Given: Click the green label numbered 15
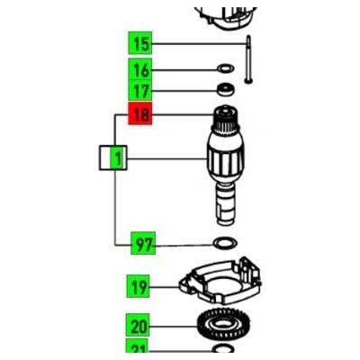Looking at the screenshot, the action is pyautogui.click(x=140, y=43).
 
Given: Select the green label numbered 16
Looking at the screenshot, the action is pyautogui.click(x=140, y=69).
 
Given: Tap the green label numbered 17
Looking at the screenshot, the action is pyautogui.click(x=140, y=90).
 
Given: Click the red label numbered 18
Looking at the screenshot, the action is pyautogui.click(x=140, y=113).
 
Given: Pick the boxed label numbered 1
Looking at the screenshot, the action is pyautogui.click(x=113, y=157).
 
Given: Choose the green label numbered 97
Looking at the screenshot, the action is pyautogui.click(x=143, y=243).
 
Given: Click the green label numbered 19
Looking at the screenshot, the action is pyautogui.click(x=138, y=286).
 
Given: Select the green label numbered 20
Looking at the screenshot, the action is pyautogui.click(x=138, y=325).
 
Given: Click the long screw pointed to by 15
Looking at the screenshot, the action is pyautogui.click(x=248, y=59).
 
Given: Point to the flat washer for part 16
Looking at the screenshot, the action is pyautogui.click(x=226, y=68).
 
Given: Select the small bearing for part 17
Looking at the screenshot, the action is pyautogui.click(x=226, y=89).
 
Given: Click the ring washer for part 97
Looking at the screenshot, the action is pyautogui.click(x=225, y=243).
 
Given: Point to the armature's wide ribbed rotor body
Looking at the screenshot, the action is pyautogui.click(x=226, y=160).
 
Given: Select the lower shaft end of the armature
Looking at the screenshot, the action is pyautogui.click(x=226, y=205).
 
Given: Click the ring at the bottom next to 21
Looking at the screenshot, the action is pyautogui.click(x=223, y=349).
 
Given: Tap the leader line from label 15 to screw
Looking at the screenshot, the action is pyautogui.click(x=199, y=44).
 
